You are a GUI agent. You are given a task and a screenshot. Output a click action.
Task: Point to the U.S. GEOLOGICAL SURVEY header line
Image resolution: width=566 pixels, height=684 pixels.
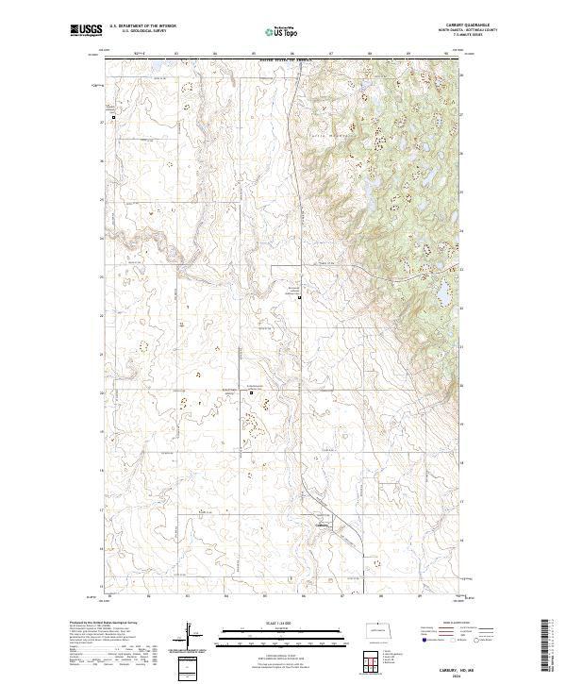pos(142,30)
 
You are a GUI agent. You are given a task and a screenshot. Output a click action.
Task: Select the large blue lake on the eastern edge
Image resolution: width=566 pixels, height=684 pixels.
pos(441,292)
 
